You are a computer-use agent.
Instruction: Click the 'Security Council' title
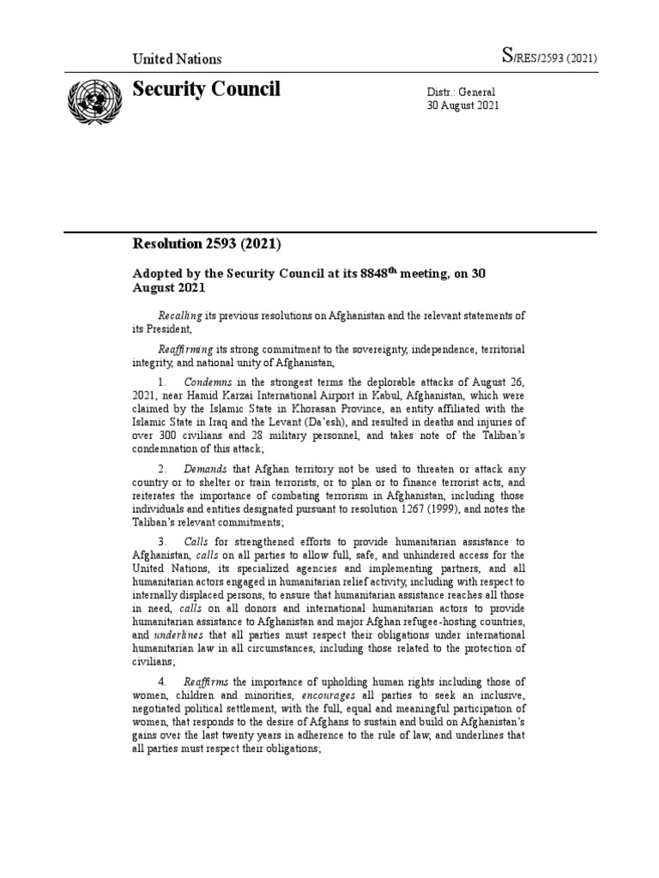(206, 90)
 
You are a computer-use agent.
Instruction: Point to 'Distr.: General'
(461, 92)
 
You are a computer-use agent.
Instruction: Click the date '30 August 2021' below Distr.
(463, 105)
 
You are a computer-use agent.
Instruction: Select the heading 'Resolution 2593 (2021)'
(206, 244)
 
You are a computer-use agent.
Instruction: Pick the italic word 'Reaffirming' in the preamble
(186, 351)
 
